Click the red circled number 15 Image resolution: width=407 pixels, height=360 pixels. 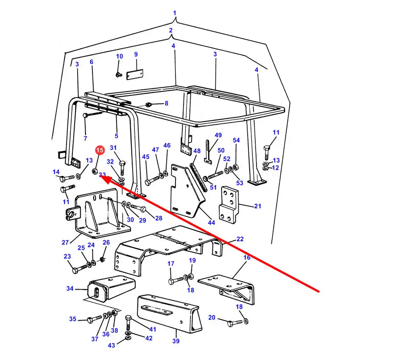click(100, 150)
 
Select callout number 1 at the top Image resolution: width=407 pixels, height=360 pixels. click(174, 13)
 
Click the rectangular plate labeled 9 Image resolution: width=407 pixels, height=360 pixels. click(135, 75)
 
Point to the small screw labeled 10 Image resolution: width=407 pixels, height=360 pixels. click(119, 75)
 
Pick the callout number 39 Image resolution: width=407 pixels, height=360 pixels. click(176, 341)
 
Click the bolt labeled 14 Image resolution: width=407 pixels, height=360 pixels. click(67, 179)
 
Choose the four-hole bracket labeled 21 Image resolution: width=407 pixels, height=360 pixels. click(229, 205)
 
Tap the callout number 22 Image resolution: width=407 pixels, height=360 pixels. click(240, 239)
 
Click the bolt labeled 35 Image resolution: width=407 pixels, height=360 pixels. click(95, 319)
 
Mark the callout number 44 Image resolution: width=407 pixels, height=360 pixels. click(211, 223)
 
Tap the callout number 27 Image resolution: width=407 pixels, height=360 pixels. click(65, 242)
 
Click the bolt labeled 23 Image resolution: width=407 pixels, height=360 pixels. click(79, 269)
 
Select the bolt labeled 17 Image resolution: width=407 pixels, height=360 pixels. click(176, 281)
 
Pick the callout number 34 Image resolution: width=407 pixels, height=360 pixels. click(70, 288)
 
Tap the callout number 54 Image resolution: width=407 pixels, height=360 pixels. click(236, 140)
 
